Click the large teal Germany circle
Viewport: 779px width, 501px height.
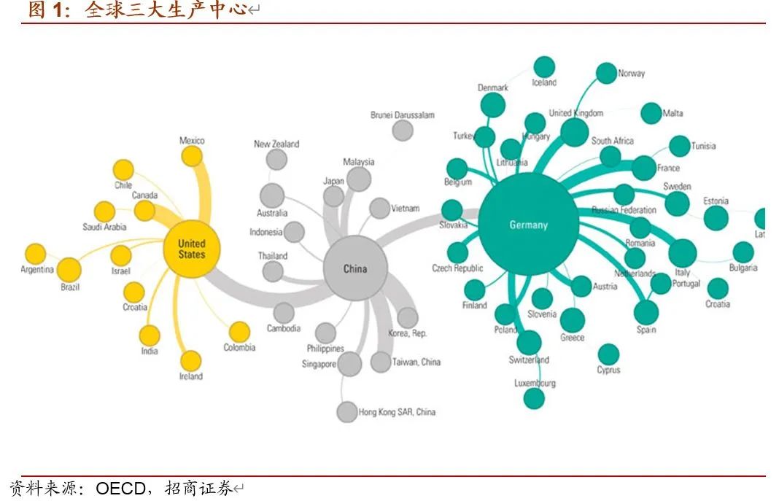click(528, 224)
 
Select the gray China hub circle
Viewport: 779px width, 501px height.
click(355, 268)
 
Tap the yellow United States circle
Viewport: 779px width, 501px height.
click(192, 249)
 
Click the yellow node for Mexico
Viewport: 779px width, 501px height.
click(191, 156)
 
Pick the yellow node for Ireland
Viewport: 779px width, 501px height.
click(190, 360)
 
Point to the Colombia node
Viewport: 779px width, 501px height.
click(239, 332)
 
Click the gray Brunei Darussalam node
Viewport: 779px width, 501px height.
click(402, 131)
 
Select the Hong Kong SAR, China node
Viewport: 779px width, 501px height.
click(347, 411)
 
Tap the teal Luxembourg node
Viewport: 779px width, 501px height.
click(534, 398)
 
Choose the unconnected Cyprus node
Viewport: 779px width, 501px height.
click(608, 354)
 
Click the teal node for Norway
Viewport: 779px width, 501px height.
click(606, 73)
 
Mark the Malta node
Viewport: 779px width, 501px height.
click(651, 113)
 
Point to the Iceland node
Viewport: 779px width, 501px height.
click(544, 66)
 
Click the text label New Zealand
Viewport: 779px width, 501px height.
click(276, 144)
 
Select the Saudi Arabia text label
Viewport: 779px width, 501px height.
click(104, 227)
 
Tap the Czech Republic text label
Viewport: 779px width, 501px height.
click(457, 268)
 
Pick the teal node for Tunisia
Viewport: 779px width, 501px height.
click(679, 146)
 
